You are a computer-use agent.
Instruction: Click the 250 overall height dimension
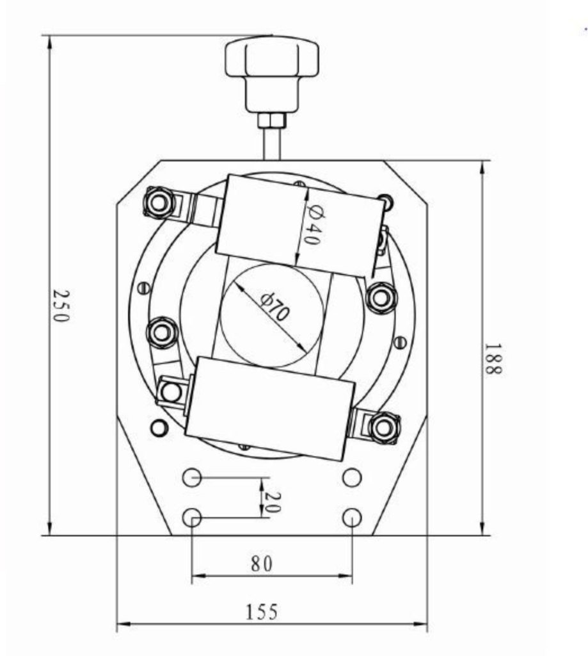coord(60,306)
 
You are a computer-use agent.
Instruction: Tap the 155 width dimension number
coord(262,612)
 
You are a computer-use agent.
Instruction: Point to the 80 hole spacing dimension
coord(262,564)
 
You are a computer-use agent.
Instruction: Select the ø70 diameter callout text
coord(276,307)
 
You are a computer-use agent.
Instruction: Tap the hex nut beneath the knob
coord(271,120)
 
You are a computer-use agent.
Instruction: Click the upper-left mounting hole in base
coord(192,477)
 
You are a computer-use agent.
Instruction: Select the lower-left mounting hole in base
coord(192,517)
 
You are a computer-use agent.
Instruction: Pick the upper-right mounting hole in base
coord(351,477)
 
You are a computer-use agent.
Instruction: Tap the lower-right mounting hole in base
coord(351,517)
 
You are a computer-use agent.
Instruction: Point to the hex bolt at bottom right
coord(383,427)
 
